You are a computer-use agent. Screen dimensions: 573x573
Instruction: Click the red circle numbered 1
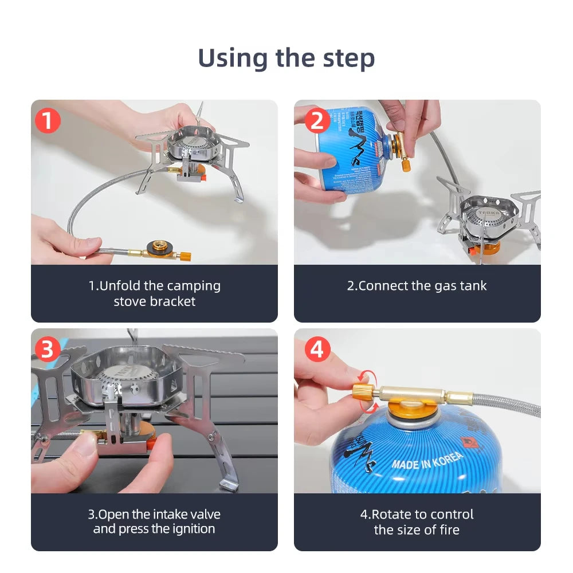pyautogui.click(x=48, y=121)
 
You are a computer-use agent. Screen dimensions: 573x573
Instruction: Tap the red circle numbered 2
pyautogui.click(x=317, y=121)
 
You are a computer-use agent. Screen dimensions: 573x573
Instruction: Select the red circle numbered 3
pyautogui.click(x=48, y=350)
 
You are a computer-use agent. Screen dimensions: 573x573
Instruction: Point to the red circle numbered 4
pyautogui.click(x=317, y=350)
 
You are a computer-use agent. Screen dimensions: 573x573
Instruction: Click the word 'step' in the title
pyautogui.click(x=347, y=58)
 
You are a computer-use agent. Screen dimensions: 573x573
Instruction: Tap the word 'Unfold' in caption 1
pyautogui.click(x=119, y=285)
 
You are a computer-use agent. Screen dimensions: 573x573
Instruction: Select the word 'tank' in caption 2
pyautogui.click(x=473, y=285)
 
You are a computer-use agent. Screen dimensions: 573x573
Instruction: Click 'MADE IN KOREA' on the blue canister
pyautogui.click(x=427, y=461)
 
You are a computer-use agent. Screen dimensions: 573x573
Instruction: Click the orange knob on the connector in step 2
pyautogui.click(x=405, y=166)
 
